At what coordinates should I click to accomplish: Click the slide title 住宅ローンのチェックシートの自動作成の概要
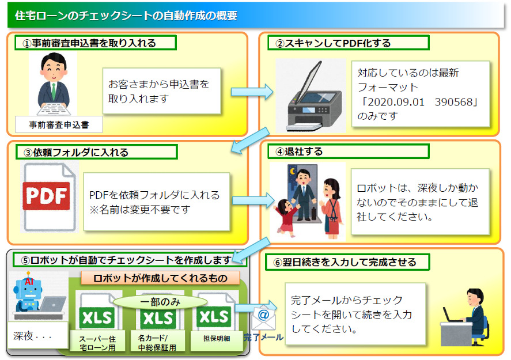point(126,16)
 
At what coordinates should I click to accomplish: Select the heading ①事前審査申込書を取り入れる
point(89,43)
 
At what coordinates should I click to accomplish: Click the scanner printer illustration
point(311,96)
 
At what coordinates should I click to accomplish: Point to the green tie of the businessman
point(53,91)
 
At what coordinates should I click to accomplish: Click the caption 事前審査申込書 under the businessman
point(59,125)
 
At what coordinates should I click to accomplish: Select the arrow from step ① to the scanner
point(252,92)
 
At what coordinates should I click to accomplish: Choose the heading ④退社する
point(299,151)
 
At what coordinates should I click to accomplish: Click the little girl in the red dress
point(287,217)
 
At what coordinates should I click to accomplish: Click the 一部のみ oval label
point(160,302)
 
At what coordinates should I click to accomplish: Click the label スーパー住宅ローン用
point(97,343)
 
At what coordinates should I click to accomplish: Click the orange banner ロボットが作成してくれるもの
point(160,278)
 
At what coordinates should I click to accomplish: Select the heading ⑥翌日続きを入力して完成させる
point(345,262)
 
